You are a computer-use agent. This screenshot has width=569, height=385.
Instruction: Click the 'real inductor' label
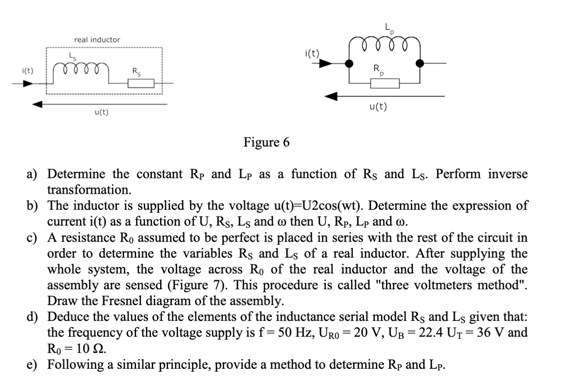coord(97,40)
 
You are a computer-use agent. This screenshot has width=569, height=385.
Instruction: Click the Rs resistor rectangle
coord(141,83)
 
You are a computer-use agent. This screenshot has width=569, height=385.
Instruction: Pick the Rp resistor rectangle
coord(385,83)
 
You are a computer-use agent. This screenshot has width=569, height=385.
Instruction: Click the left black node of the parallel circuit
coord(350,64)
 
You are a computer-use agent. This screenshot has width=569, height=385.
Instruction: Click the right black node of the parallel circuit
coord(420,64)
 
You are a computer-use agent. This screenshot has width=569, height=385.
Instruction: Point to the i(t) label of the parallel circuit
coord(312,53)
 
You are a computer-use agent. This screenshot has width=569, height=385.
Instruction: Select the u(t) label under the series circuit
coord(101,112)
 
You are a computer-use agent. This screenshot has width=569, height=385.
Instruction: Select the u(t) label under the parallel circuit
coord(378,107)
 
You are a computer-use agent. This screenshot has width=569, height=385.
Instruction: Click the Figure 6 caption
coord(267,143)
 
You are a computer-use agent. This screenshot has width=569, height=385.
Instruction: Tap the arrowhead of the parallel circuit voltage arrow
coord(331,97)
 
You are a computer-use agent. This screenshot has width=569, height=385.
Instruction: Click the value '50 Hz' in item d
coord(280,333)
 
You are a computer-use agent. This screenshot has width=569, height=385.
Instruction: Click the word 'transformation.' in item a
coord(89,190)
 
